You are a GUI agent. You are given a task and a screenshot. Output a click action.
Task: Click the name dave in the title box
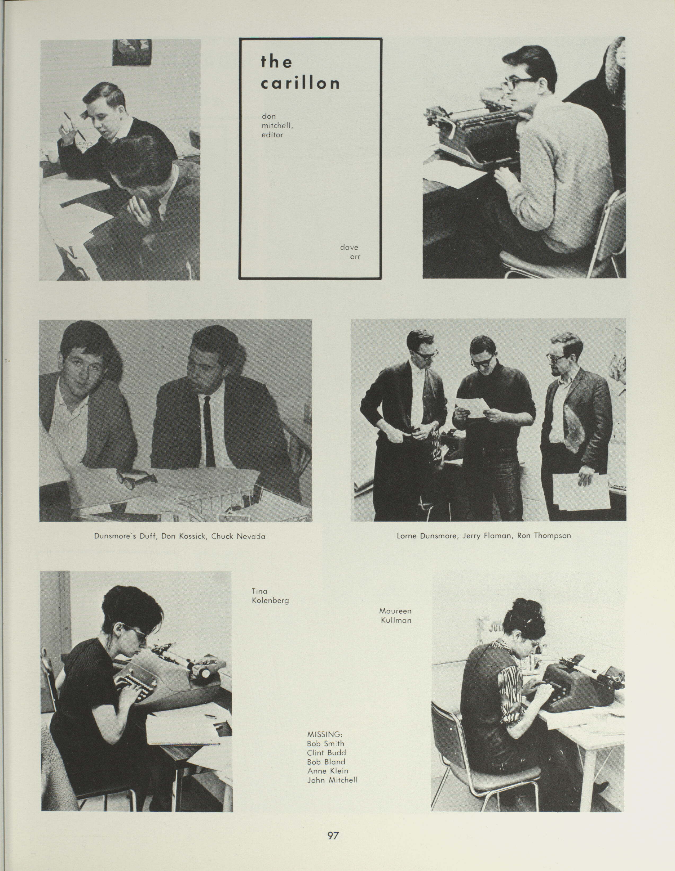[349, 247]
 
